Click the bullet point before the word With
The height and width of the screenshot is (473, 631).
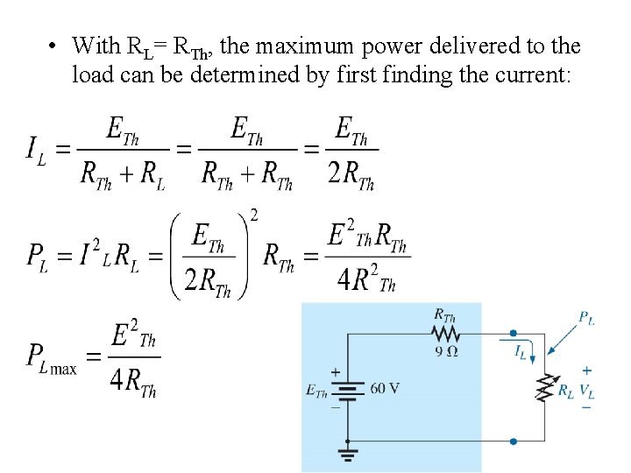pos(54,46)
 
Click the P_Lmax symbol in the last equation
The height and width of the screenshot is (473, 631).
pos(51,357)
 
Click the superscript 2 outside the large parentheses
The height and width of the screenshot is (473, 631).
pos(253,215)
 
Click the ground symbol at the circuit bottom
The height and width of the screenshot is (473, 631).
pos(348,455)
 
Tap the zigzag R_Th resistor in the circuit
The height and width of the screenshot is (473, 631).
pos(446,334)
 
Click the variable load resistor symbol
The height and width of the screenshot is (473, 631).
pos(546,388)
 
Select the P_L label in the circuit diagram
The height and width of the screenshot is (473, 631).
pos(586,319)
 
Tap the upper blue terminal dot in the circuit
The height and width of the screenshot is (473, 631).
pos(514,333)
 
